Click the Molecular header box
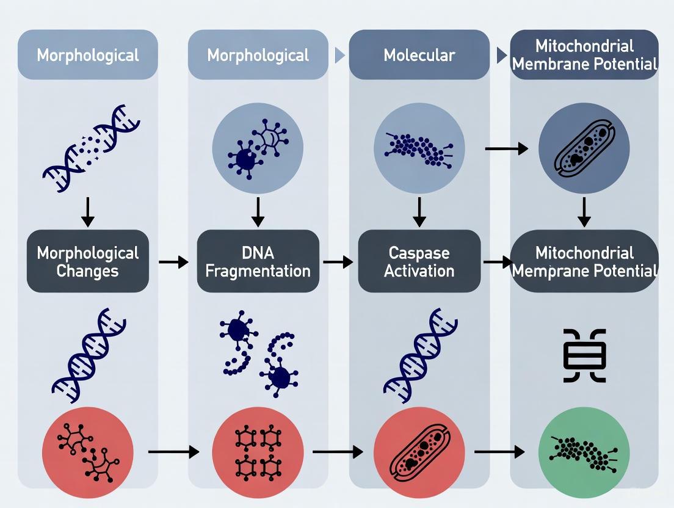(x=419, y=55)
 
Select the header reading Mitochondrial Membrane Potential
(x=584, y=55)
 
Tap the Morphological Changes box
(x=88, y=261)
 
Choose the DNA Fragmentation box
(x=258, y=261)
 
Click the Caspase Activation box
(x=419, y=261)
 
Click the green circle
(x=585, y=452)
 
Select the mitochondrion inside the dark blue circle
(x=585, y=148)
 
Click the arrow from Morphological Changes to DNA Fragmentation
(x=173, y=262)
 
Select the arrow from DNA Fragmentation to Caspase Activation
(x=338, y=262)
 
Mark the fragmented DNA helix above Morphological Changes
(x=90, y=148)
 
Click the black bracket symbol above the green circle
(x=585, y=356)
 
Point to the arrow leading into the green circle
(x=499, y=452)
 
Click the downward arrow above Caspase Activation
(x=419, y=211)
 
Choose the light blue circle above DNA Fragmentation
(x=258, y=148)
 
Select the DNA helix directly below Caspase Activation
(x=419, y=354)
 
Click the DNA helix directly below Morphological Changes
(x=89, y=354)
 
